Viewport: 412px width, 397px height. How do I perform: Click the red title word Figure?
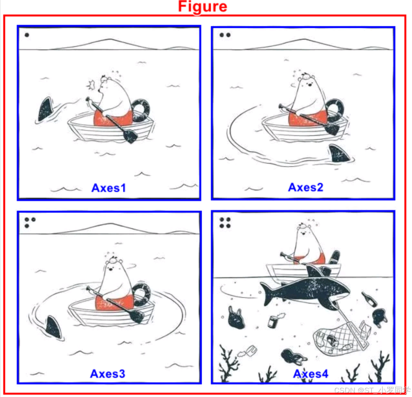click(202, 6)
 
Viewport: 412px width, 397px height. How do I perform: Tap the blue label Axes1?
click(109, 188)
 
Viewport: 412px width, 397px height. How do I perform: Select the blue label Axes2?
click(306, 187)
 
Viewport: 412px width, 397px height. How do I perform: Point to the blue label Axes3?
click(107, 374)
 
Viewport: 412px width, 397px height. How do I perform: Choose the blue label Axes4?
click(311, 374)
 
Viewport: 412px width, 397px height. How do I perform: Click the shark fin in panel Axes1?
click(45, 109)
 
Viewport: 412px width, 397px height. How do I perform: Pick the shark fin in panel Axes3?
click(54, 327)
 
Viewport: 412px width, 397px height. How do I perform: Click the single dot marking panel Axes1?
click(27, 35)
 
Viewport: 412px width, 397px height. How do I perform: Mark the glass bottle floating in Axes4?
click(369, 299)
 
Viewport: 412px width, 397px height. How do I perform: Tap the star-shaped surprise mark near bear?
click(91, 84)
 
